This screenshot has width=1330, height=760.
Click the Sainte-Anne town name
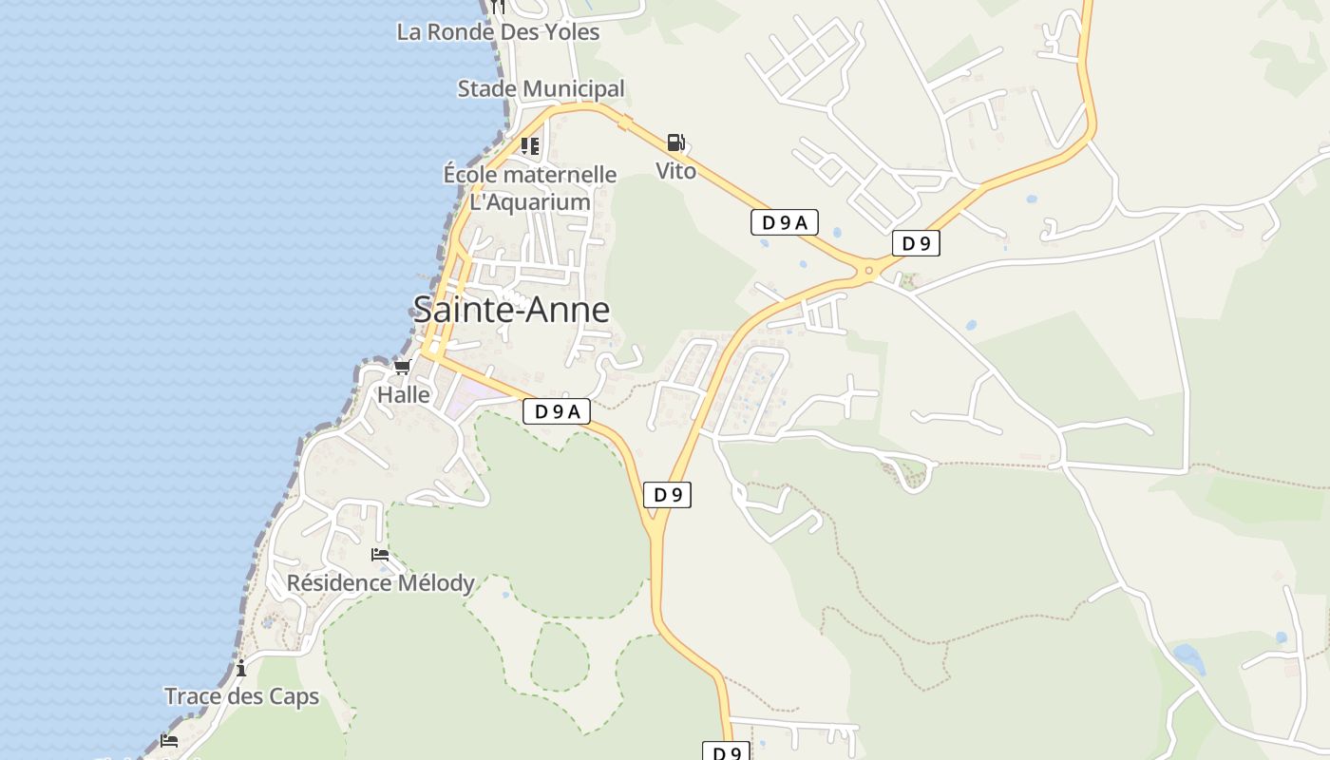point(511,310)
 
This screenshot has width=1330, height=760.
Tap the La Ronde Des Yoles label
point(498,31)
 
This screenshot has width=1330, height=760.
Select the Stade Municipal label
point(541,88)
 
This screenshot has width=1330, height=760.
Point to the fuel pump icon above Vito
point(675,142)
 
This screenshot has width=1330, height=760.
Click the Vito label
point(675,171)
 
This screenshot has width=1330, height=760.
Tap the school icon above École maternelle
point(529,145)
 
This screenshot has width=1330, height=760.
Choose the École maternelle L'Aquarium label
point(530,188)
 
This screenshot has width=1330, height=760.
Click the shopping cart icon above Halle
point(403,367)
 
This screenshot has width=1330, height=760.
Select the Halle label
point(404,394)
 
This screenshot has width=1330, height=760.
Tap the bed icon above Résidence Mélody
point(380,554)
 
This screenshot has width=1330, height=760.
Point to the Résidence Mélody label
point(380,582)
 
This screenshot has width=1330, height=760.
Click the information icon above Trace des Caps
point(241,668)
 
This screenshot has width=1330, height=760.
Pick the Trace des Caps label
point(241,696)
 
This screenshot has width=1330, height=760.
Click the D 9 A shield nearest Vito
point(784,222)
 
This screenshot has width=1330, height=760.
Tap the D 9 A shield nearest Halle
point(557,411)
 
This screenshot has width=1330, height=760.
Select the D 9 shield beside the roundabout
point(916,243)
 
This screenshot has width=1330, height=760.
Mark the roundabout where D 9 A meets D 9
point(868,271)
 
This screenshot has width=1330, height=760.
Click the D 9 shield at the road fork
point(667,494)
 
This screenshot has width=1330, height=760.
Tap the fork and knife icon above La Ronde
point(498,7)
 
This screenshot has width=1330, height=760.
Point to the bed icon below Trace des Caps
point(169,740)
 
